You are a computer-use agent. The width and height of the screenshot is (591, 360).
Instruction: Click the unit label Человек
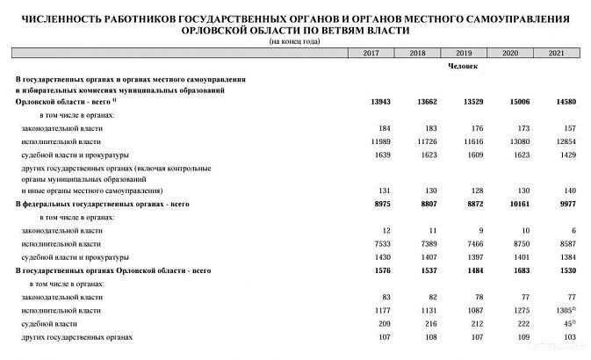coord(463,66)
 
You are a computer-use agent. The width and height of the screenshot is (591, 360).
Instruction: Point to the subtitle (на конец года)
coord(294,41)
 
